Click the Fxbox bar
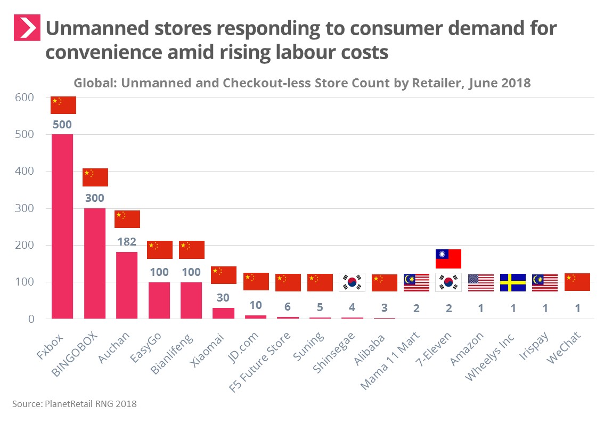(62, 226)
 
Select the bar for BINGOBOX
(95, 263)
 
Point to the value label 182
(127, 242)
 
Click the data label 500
(62, 125)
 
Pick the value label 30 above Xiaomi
(223, 298)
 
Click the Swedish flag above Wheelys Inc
(512, 283)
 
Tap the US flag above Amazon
(480, 283)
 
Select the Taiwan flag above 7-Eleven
(448, 259)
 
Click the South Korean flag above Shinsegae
(352, 283)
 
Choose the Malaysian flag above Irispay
(544, 283)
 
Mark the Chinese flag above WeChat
(577, 282)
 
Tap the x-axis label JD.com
(247, 345)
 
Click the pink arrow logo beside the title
(27, 28)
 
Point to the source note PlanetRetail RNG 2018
(74, 404)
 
